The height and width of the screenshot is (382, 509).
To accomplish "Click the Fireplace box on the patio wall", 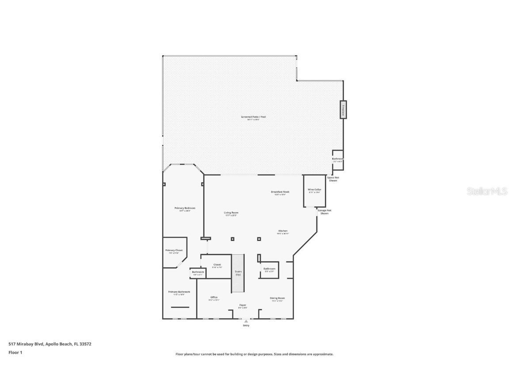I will point(343,110).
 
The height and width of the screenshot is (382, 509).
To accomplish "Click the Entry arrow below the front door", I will point(246,321).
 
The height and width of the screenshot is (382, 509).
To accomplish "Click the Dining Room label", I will point(277,299).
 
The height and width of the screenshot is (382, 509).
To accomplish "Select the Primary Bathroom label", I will point(179,292).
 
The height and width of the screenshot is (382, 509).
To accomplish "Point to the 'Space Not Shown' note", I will point(333,179).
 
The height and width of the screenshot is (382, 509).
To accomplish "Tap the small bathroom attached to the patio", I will point(338,160).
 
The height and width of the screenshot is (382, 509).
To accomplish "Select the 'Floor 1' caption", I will point(15,352).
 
